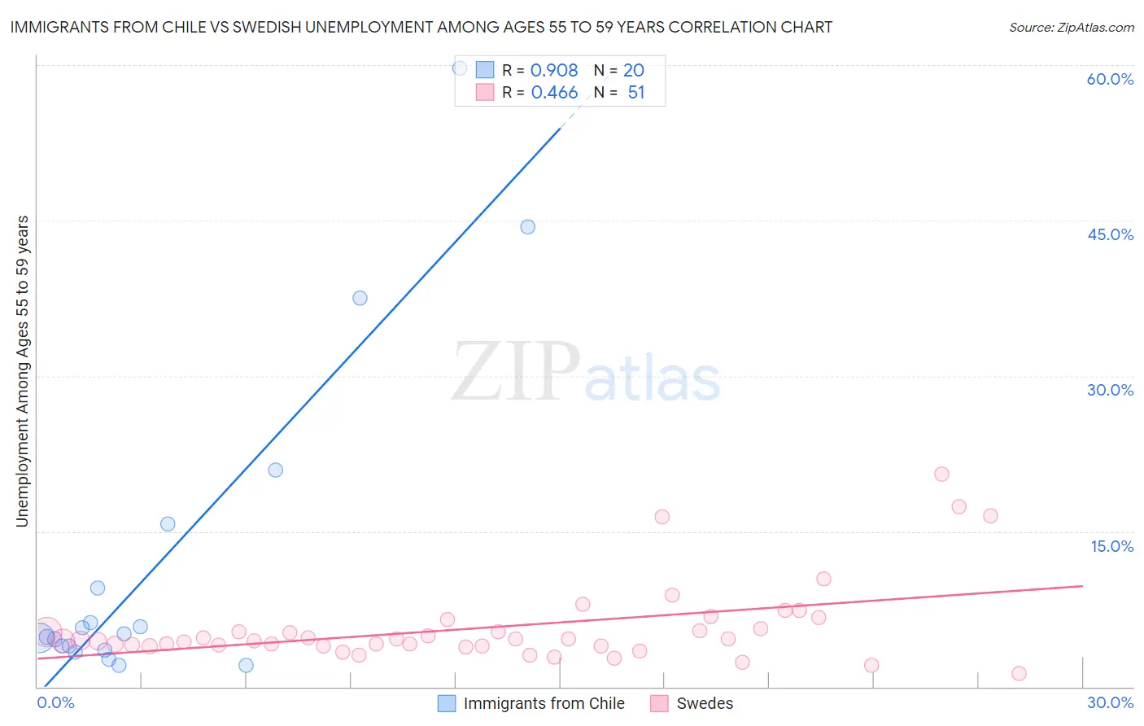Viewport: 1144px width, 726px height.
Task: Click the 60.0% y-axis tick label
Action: (1110, 79)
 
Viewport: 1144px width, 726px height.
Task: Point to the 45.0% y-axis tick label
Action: (1110, 234)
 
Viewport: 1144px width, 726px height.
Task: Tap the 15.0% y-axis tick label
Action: (1111, 546)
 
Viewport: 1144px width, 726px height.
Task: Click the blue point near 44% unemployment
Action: (528, 227)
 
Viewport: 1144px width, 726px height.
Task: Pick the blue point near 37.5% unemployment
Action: (360, 298)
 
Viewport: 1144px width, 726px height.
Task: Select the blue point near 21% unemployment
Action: (276, 470)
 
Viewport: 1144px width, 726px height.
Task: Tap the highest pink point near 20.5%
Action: (941, 474)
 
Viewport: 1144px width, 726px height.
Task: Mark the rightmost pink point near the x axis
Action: (1019, 673)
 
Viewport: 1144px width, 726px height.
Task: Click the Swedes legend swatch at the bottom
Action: (660, 703)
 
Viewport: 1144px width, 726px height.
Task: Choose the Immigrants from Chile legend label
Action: (544, 703)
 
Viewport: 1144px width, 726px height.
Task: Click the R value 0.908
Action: (554, 70)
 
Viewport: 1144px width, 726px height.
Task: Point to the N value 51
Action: (635, 93)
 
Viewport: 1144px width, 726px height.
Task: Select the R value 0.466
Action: (554, 93)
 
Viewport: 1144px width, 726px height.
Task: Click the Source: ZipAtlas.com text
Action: (1071, 27)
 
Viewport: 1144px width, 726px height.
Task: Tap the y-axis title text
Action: (22, 371)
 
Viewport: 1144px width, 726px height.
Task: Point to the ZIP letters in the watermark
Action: (515, 372)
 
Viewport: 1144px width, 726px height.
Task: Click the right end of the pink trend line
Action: (1082, 585)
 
